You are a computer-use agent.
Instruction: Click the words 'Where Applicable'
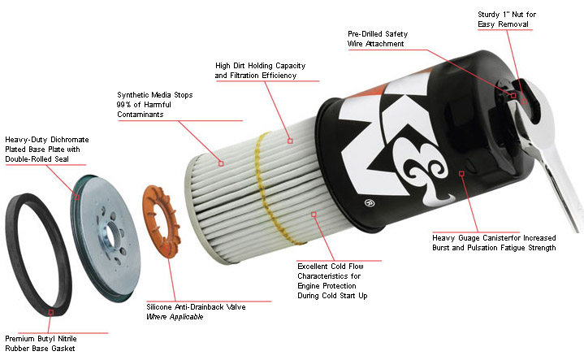click(175, 317)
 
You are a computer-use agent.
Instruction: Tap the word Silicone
click(162, 307)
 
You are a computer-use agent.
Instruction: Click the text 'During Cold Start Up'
click(332, 295)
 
